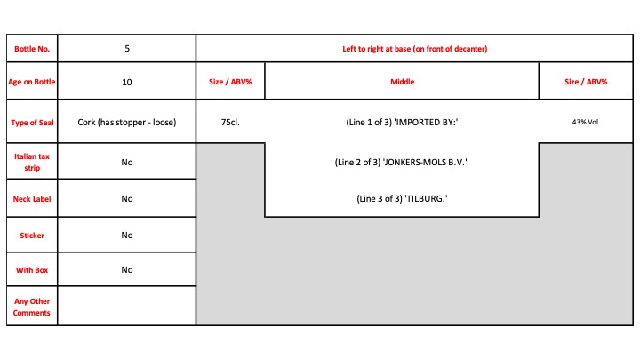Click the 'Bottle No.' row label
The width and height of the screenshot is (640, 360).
(32, 49)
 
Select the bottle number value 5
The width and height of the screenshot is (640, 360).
(127, 49)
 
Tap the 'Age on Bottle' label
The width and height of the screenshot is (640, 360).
(32, 82)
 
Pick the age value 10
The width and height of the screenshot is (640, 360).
(127, 82)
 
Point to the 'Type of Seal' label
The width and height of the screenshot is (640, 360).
(32, 123)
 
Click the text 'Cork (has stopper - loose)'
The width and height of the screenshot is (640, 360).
(127, 123)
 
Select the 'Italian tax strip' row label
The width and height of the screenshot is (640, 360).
(32, 162)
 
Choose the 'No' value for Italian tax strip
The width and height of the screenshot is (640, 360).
(127, 163)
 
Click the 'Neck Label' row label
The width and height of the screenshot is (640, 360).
(32, 199)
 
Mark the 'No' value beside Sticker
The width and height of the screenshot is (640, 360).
(127, 235)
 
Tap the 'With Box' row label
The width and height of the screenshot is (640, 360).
(32, 270)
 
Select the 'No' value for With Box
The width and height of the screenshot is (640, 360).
(127, 270)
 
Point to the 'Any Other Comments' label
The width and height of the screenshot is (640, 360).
(32, 307)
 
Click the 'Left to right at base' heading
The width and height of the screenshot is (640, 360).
(415, 49)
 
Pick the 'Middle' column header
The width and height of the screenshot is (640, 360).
(402, 82)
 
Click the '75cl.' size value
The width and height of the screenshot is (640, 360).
(230, 123)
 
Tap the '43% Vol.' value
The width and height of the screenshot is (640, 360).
(586, 122)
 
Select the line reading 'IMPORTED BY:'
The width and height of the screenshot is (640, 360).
(402, 123)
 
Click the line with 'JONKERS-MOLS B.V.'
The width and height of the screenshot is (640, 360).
(401, 163)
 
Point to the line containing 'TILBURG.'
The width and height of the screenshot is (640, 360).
(402, 199)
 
